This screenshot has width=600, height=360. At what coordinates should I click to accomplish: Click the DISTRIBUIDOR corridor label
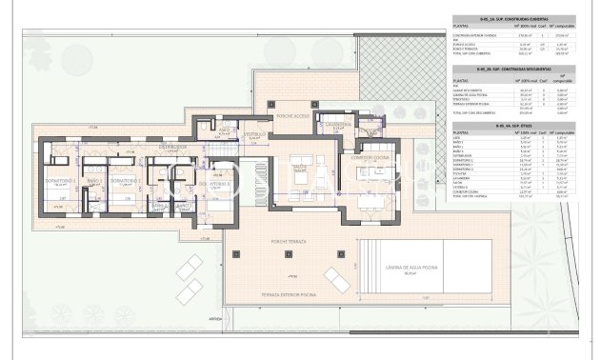(173, 148)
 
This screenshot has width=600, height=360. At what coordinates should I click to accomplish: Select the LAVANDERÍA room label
(338, 125)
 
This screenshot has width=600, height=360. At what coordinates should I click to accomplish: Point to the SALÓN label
(298, 164)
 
